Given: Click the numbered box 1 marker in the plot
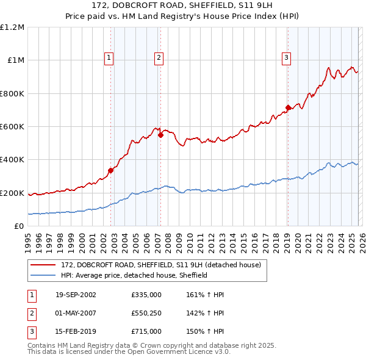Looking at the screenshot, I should tap(109, 58).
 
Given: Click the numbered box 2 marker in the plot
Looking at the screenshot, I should tap(159, 58).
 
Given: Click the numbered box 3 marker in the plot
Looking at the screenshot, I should tap(286, 58).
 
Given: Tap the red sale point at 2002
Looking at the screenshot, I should tap(111, 171).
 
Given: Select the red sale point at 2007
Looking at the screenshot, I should tap(160, 135).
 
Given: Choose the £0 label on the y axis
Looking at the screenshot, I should tap(18, 226).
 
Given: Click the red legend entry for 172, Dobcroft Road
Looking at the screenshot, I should tap(161, 265).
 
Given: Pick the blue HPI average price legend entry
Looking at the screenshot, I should tap(134, 275).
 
